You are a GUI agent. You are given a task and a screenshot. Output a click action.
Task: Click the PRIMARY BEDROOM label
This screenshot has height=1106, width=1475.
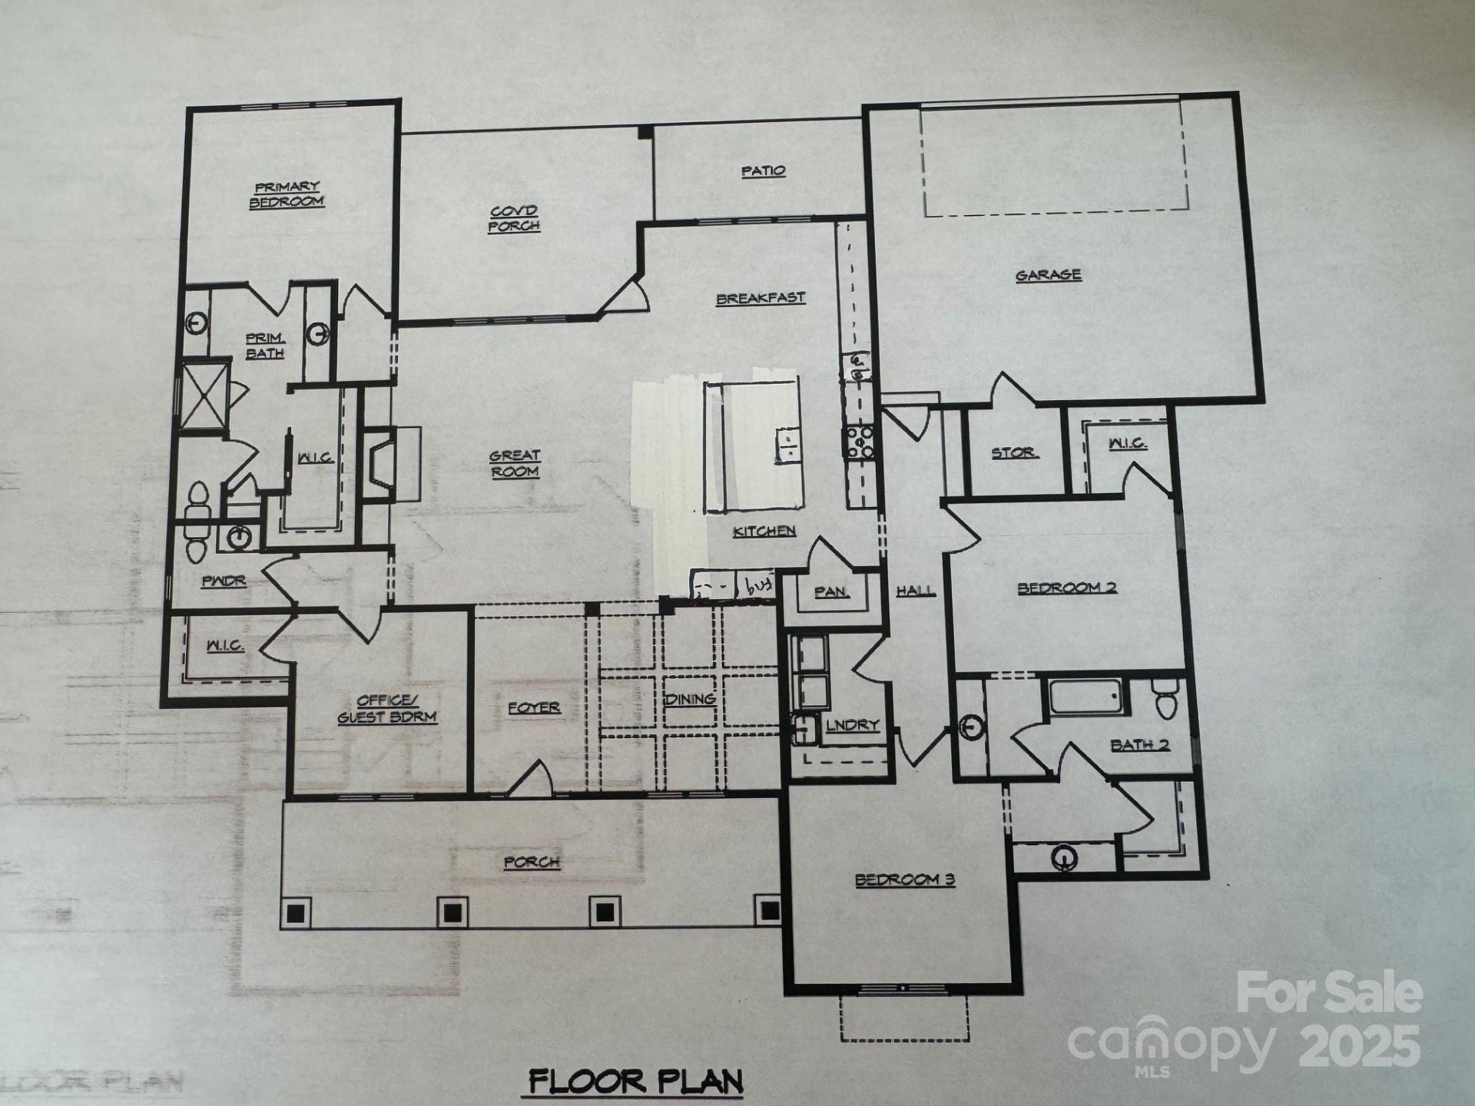287,194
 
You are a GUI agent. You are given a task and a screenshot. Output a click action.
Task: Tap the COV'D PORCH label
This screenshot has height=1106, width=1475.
514,218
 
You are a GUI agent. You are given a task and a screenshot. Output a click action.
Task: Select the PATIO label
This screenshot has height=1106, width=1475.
763,171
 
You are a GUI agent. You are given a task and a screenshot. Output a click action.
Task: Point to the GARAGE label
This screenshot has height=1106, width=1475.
1049,275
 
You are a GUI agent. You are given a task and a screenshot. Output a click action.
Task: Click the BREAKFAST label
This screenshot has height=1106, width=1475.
761,298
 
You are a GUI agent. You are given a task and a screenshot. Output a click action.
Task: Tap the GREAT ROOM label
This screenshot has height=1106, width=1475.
515,463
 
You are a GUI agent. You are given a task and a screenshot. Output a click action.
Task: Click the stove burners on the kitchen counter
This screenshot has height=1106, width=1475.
860,442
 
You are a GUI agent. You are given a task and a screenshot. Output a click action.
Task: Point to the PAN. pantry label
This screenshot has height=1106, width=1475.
832,592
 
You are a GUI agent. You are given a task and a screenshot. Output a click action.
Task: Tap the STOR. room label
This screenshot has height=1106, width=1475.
1014,452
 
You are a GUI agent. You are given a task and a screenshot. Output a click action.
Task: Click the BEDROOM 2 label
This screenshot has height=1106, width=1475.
1067,588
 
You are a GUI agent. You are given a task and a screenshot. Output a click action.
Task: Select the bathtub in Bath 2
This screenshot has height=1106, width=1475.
1084,696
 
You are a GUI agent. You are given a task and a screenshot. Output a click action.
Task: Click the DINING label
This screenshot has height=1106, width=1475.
689,699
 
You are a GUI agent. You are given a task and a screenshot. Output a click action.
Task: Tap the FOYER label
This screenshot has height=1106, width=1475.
534,707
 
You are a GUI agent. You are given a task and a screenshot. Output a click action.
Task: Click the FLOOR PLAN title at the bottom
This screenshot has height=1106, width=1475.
636,1081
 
